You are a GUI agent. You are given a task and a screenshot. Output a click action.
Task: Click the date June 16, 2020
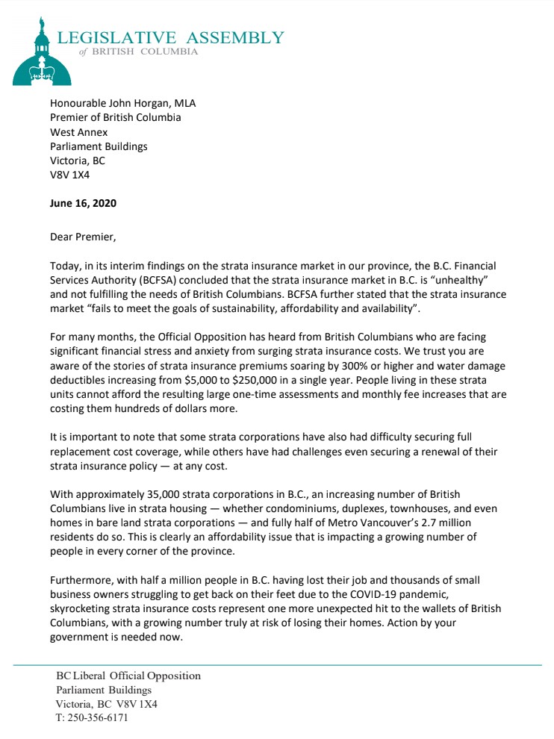click(83, 203)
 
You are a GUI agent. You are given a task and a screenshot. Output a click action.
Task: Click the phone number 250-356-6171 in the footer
click(98, 717)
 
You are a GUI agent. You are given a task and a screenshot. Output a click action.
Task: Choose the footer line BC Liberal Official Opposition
click(128, 676)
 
